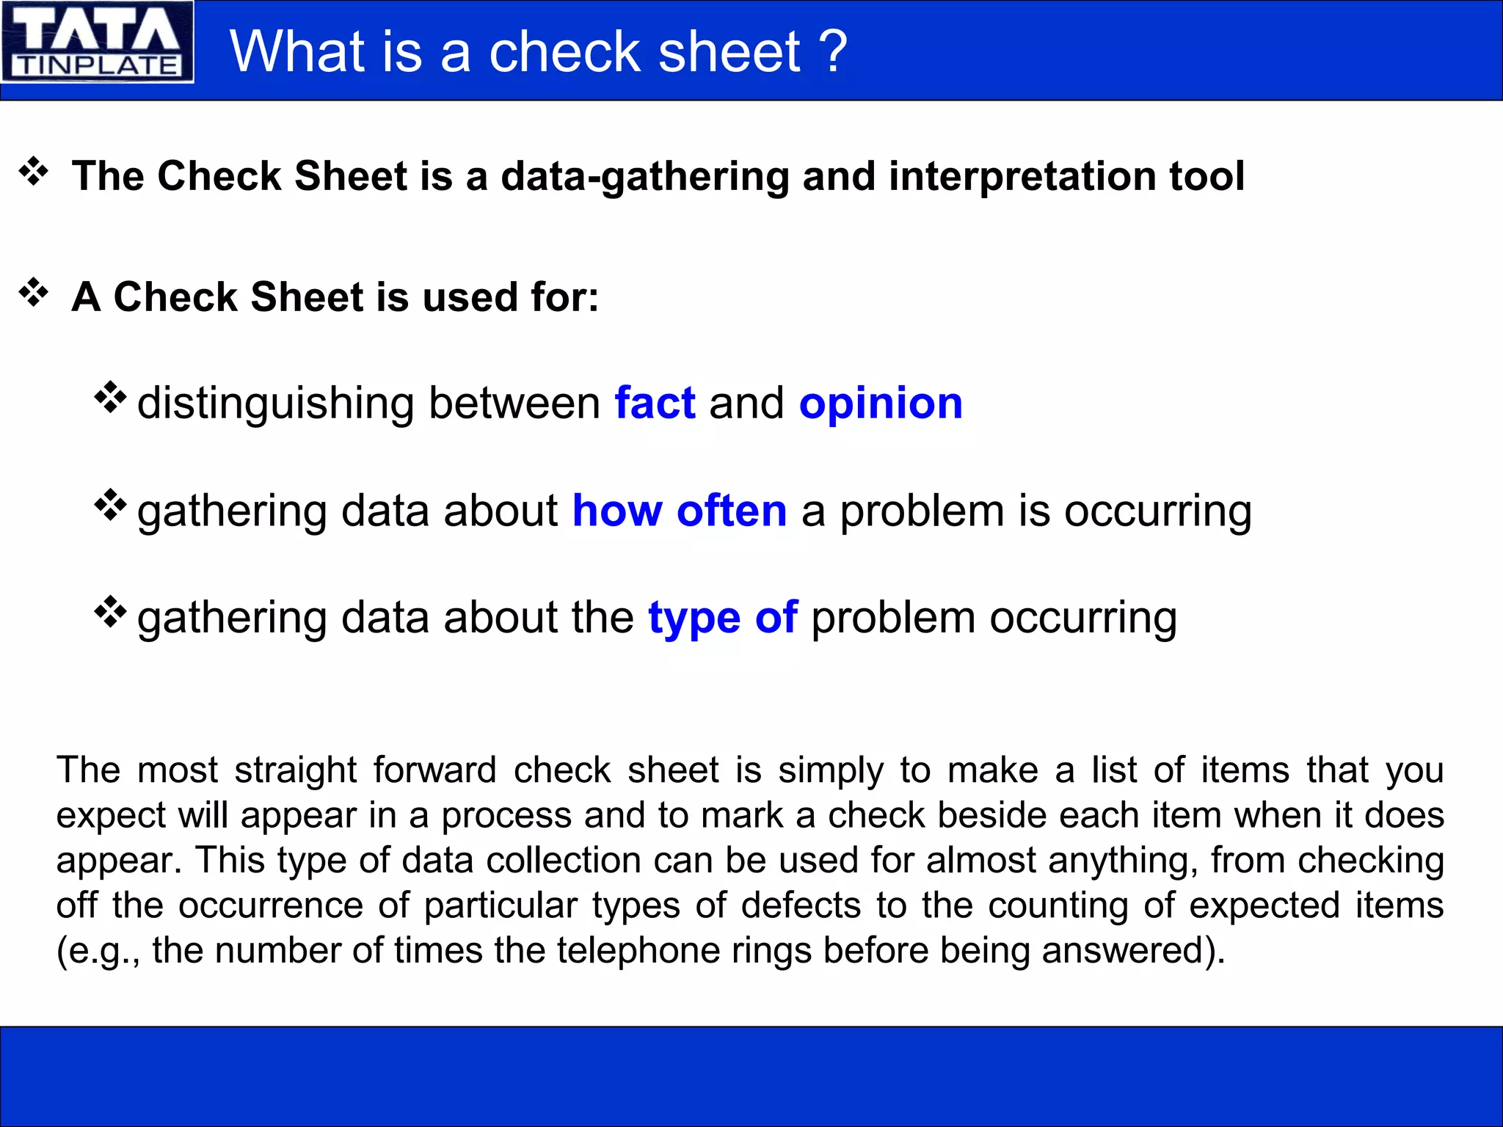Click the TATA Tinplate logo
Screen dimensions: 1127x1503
tap(97, 42)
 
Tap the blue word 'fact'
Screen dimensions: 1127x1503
tap(655, 403)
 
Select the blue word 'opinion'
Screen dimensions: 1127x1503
tap(881, 403)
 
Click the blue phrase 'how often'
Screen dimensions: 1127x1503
tap(679, 511)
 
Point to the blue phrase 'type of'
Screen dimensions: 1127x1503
tap(722, 617)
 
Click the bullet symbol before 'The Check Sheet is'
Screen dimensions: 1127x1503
tap(34, 172)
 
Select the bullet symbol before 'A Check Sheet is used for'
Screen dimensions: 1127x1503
tap(34, 292)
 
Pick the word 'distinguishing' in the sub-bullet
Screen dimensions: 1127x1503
tap(276, 404)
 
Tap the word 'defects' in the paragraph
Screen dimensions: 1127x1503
tap(800, 905)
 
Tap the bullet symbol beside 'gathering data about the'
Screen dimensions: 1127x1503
tap(111, 611)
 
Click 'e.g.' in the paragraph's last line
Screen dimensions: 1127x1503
tap(101, 952)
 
